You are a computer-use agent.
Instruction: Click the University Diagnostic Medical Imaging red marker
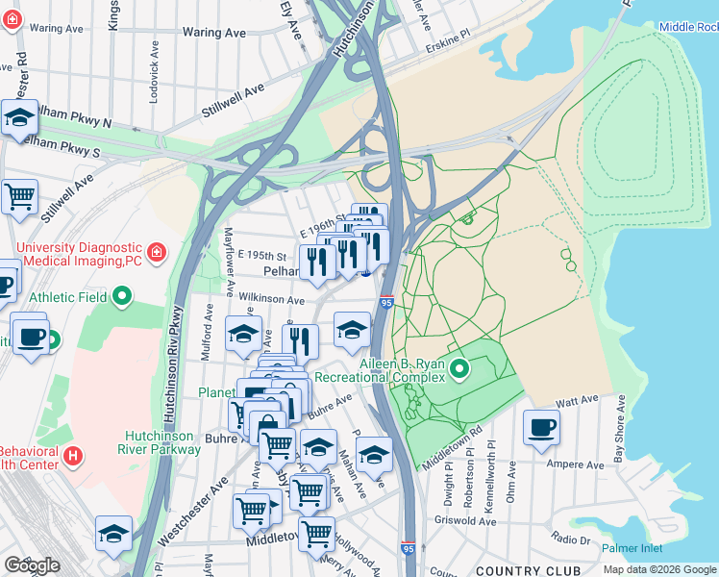(x=156, y=254)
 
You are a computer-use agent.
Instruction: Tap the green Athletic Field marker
(x=121, y=297)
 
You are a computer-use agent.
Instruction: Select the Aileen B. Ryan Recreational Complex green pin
(x=459, y=368)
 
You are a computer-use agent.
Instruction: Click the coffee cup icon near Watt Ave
(x=541, y=426)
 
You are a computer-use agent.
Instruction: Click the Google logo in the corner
(x=32, y=565)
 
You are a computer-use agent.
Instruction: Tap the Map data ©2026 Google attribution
(x=659, y=569)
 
